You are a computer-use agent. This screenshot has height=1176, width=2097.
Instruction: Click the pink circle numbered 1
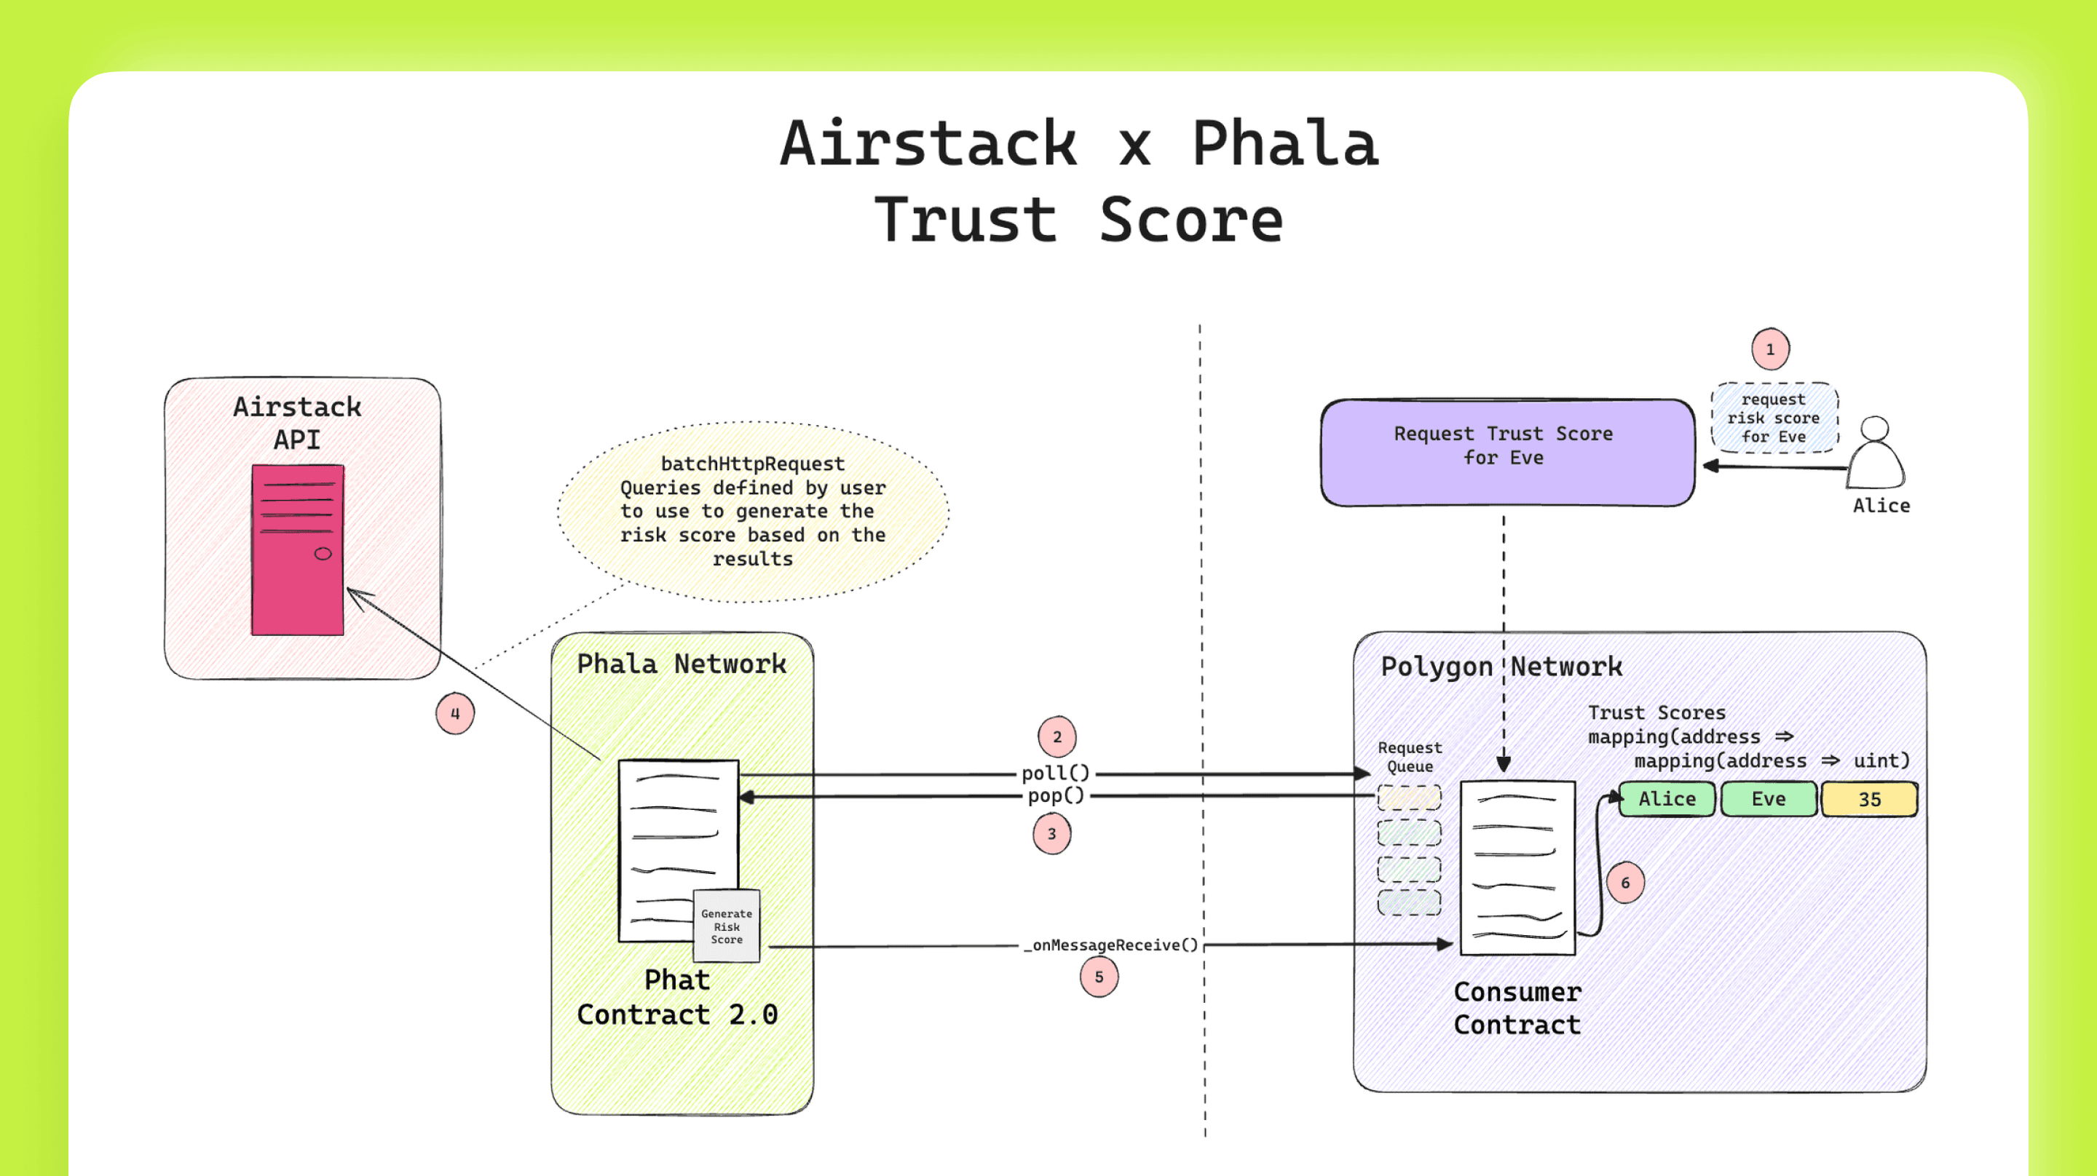[x=1770, y=349]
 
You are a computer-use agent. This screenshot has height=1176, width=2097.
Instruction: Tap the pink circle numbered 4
[x=454, y=714]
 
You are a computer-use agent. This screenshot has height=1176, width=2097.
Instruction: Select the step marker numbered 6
[x=1625, y=883]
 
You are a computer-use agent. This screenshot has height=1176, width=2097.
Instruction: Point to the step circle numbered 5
[x=1098, y=977]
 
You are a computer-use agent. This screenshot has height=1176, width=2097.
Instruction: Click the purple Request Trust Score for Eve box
[x=1506, y=453]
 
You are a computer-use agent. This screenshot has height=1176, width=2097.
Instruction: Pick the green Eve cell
[x=1768, y=799]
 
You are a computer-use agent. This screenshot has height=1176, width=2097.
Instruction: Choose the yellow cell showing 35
[x=1868, y=799]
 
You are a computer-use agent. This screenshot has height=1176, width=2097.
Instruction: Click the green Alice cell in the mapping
[x=1667, y=799]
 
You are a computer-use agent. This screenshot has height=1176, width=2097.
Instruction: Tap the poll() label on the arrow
[x=1055, y=773]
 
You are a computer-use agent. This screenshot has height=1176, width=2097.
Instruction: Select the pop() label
[x=1055, y=796]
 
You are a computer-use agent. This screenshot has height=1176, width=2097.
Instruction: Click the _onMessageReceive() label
[x=1111, y=945]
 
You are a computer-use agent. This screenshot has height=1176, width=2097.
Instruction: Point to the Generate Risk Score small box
[x=726, y=926]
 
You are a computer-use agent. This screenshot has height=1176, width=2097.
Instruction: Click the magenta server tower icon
[x=297, y=549]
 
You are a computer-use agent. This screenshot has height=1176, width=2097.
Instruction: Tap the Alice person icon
[x=1875, y=453]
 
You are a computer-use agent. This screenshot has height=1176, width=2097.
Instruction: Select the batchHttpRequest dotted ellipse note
[x=752, y=511]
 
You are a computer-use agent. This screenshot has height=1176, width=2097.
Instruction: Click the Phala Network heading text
[x=682, y=664]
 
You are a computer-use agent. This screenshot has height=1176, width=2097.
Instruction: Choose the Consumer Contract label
[x=1517, y=1009]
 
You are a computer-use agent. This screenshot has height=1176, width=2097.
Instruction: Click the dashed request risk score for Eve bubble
[x=1773, y=418]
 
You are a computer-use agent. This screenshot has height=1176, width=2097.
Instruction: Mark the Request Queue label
[x=1409, y=757]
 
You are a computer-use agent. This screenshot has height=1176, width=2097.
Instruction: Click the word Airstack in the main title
[x=928, y=144]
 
